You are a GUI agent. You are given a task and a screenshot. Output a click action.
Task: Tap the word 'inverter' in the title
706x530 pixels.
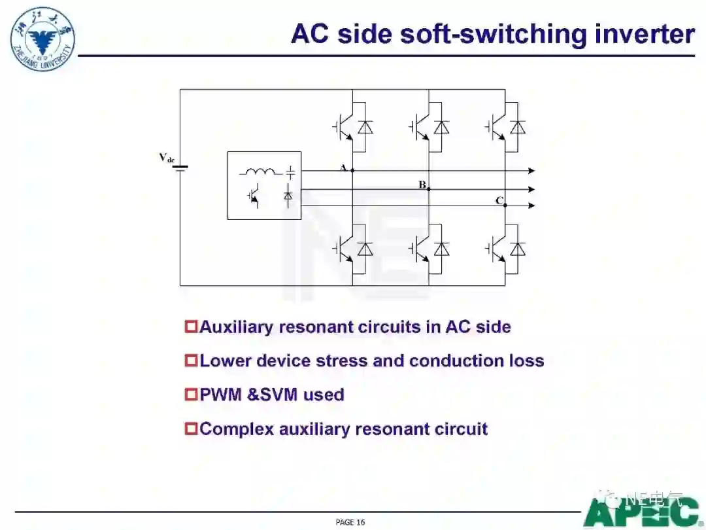[645, 34]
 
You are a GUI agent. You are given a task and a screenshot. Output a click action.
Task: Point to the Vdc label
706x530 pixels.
[167, 158]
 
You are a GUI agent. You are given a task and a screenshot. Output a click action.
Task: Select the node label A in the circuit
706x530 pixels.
[343, 168]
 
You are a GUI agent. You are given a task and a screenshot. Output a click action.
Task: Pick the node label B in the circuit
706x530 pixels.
[422, 185]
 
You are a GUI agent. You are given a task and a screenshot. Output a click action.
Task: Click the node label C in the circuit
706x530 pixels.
[499, 201]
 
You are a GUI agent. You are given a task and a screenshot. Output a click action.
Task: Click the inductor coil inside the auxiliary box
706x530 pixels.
[260, 173]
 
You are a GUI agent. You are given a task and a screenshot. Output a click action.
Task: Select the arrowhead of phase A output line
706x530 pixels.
[531, 171]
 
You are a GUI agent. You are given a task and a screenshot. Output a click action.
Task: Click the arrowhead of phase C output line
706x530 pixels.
[531, 205]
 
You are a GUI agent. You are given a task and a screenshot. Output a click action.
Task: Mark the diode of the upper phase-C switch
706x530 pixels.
[518, 128]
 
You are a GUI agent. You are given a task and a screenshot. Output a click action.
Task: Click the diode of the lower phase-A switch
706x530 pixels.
[365, 249]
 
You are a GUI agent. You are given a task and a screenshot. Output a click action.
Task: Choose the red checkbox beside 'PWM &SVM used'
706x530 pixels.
[191, 395]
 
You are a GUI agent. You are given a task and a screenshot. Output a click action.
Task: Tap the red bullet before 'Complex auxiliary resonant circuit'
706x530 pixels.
[191, 429]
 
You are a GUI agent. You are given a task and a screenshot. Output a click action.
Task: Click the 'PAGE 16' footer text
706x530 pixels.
[350, 521]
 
